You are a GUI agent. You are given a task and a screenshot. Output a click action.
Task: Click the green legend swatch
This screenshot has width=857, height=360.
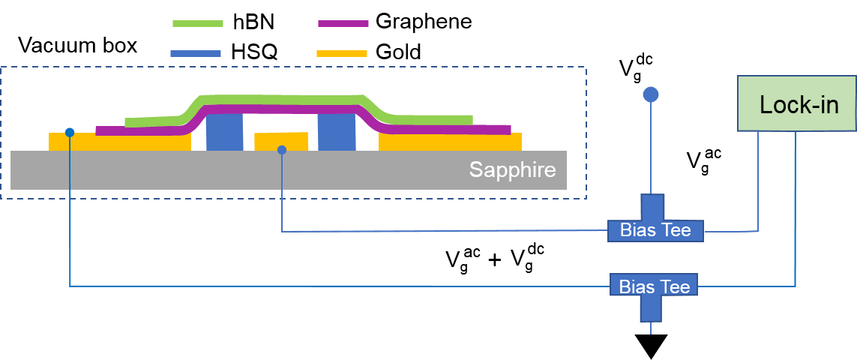(198, 23)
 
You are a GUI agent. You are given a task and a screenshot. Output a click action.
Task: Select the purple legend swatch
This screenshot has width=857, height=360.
(343, 23)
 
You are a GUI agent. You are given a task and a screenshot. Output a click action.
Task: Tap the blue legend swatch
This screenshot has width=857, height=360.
(196, 53)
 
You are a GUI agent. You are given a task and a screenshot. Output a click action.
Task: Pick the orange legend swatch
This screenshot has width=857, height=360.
(342, 53)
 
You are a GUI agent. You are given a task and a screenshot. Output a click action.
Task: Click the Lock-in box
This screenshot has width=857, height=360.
(796, 103)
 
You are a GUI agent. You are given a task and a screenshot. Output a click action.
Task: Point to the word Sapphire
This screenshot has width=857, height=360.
(512, 169)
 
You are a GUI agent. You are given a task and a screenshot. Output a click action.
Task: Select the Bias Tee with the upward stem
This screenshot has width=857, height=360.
(655, 229)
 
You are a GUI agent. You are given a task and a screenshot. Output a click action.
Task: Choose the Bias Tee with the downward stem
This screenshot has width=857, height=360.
(654, 286)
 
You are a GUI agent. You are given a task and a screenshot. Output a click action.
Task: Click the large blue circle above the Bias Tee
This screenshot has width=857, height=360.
(651, 94)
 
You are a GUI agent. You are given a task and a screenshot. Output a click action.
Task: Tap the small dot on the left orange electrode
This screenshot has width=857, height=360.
(70, 133)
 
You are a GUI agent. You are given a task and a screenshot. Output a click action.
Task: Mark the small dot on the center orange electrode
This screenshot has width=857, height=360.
(282, 150)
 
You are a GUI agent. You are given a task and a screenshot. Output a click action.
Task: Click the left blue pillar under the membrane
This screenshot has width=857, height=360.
(224, 133)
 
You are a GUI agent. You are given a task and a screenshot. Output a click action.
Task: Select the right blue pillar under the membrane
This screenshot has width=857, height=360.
(337, 133)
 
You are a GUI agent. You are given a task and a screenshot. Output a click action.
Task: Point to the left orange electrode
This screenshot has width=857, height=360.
(120, 142)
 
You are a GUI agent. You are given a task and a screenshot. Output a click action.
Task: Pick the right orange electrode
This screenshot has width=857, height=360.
(450, 142)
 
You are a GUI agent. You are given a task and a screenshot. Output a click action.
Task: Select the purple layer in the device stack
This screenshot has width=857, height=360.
(285, 109)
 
